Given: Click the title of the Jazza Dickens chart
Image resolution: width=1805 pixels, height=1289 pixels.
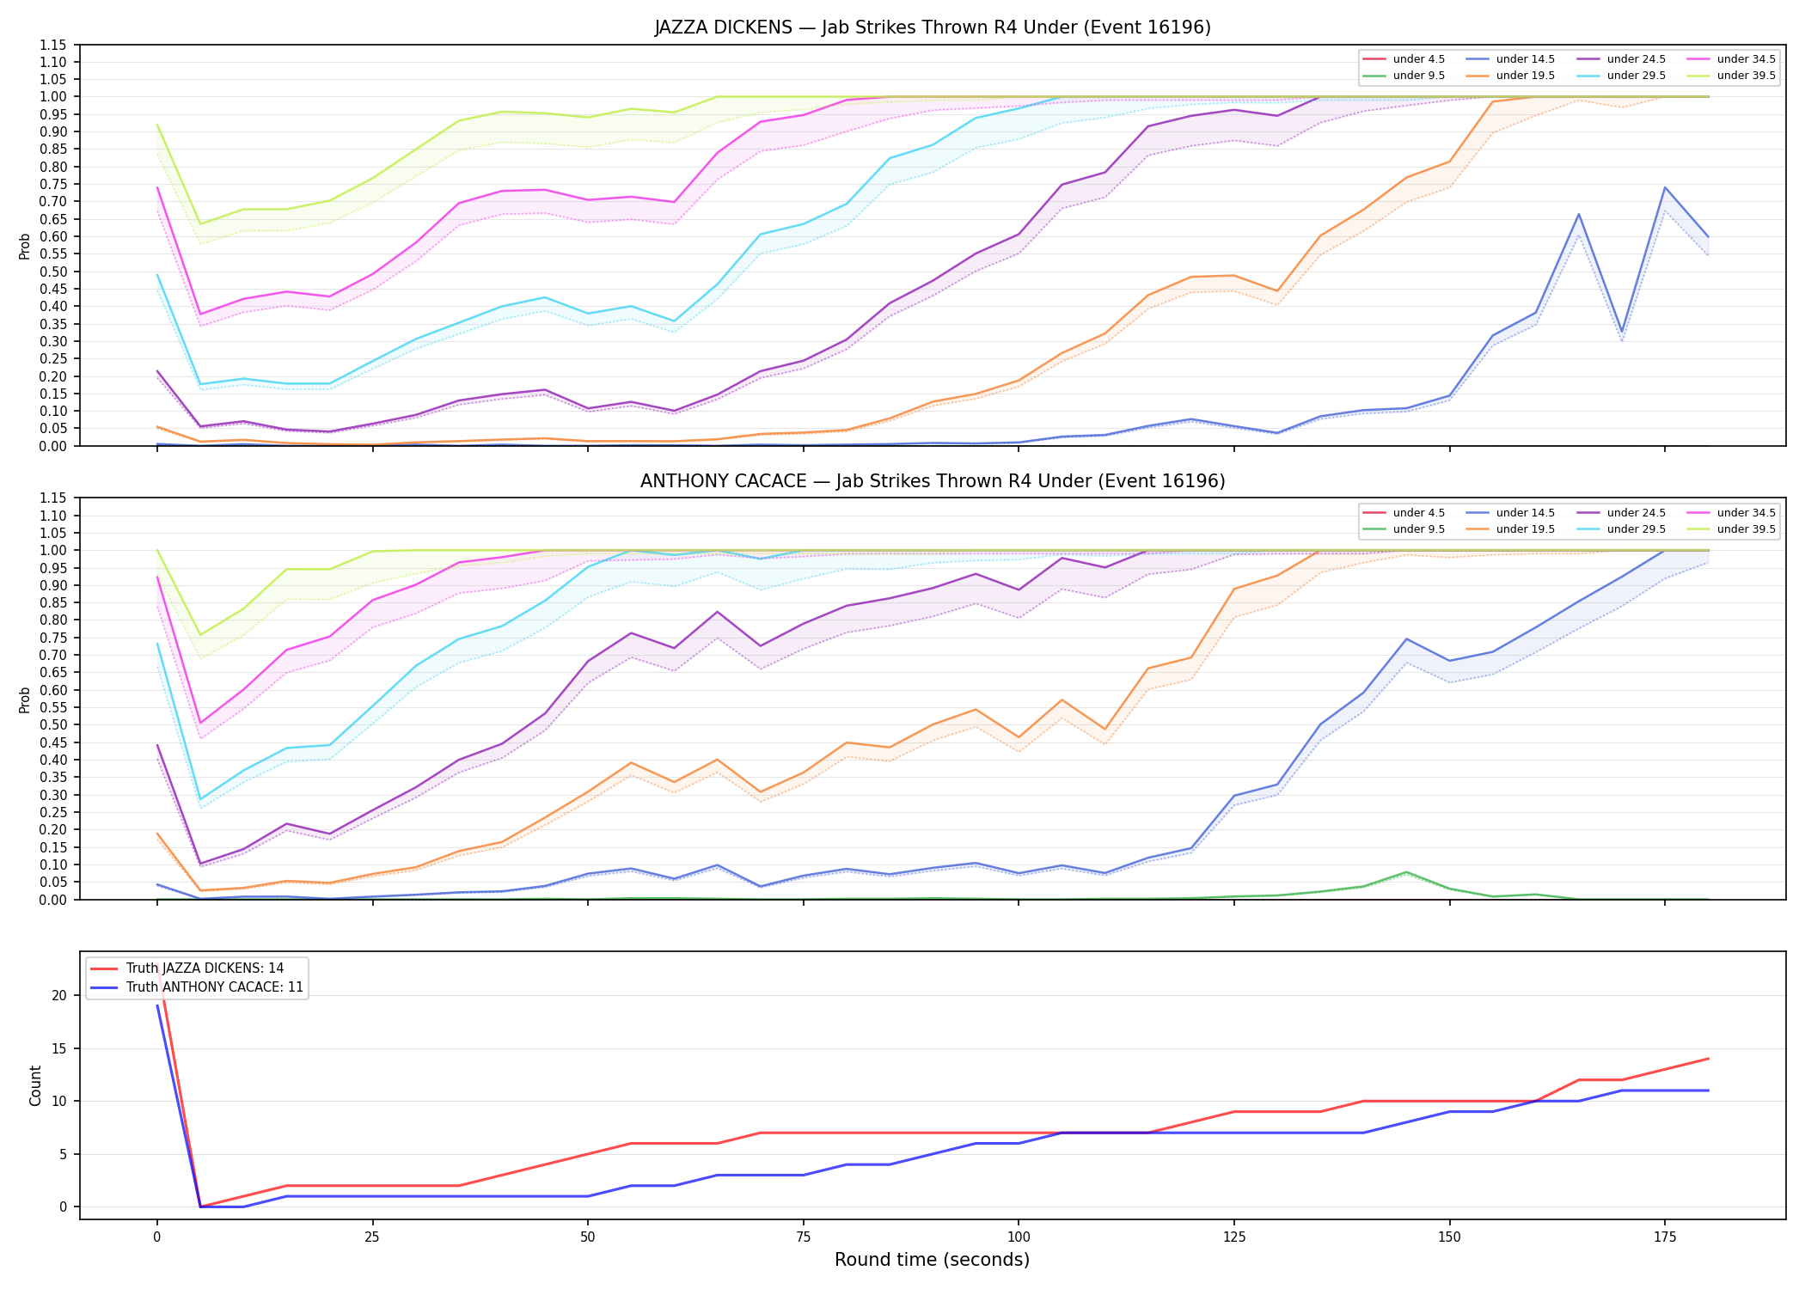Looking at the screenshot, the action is coord(933,27).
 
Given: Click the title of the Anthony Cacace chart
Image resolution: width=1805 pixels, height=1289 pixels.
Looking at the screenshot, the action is coord(933,481).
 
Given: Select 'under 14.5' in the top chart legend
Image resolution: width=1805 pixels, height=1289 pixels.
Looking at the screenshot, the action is coord(1526,59).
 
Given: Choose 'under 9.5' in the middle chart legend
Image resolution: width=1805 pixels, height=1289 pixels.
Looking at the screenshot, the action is coord(1419,529).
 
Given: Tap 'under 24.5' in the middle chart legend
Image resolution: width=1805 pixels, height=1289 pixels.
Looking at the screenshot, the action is coord(1637,513).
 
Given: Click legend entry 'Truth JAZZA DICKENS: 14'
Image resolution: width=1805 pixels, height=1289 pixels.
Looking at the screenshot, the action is coord(205,968).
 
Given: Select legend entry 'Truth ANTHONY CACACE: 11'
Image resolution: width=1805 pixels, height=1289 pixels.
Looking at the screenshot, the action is coord(215,987).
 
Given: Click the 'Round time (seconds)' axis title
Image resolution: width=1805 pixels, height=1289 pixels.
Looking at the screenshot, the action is coord(933,1260).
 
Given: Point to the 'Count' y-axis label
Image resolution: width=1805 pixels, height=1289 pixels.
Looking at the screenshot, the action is coord(35,1085).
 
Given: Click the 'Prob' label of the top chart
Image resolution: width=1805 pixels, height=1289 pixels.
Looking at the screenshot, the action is coord(25,246).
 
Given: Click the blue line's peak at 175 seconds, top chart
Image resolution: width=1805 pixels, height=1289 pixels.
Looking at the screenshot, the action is coord(1665,187).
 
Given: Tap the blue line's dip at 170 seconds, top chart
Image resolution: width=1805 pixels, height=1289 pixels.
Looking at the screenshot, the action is coord(1622,332).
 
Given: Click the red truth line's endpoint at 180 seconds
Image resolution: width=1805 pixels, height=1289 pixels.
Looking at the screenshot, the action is coord(1708,1059).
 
